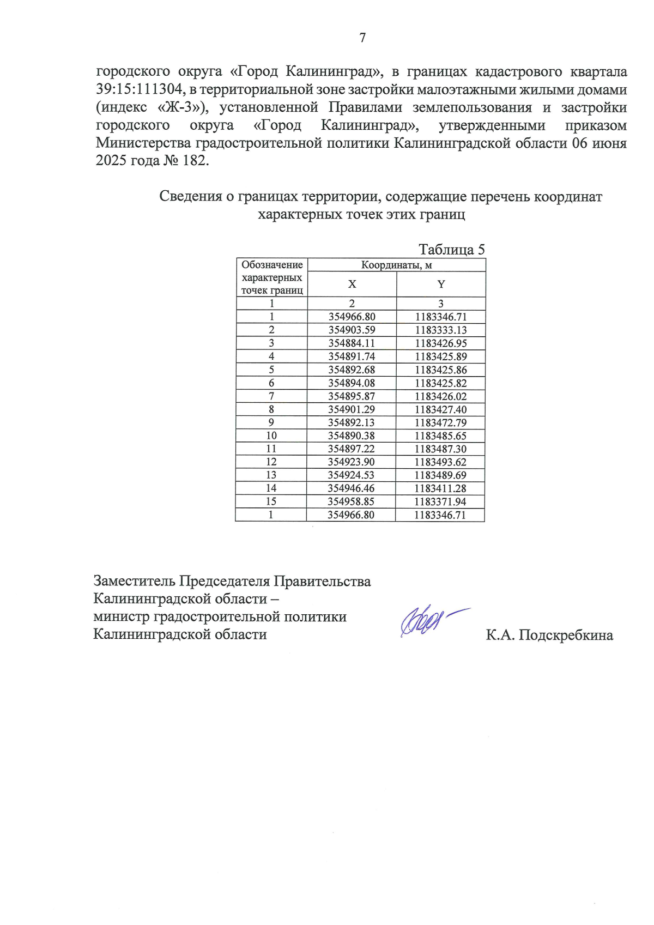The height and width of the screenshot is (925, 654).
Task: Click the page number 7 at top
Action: (x=362, y=38)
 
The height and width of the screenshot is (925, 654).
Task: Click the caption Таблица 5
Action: (x=451, y=250)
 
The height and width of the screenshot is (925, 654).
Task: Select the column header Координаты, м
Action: (x=396, y=265)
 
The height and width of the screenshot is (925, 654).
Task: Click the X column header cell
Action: (x=352, y=284)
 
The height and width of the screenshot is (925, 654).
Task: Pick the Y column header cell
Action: (x=441, y=284)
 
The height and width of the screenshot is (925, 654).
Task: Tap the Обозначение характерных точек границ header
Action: (x=272, y=277)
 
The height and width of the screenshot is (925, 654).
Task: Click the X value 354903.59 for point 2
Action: (x=352, y=330)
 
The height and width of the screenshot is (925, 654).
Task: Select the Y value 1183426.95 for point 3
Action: (x=440, y=343)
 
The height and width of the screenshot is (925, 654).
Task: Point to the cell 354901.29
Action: (x=352, y=409)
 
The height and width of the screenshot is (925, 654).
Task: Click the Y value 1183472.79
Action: (x=440, y=422)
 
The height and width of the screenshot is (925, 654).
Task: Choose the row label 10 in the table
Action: (x=271, y=436)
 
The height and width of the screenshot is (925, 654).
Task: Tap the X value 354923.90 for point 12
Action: (x=351, y=462)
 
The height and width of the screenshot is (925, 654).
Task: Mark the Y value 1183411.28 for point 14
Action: (x=440, y=488)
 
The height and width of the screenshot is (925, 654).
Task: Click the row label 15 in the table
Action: (x=271, y=501)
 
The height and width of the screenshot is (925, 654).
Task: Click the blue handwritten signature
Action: (x=428, y=621)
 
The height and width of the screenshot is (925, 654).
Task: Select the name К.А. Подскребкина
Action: (x=549, y=635)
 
